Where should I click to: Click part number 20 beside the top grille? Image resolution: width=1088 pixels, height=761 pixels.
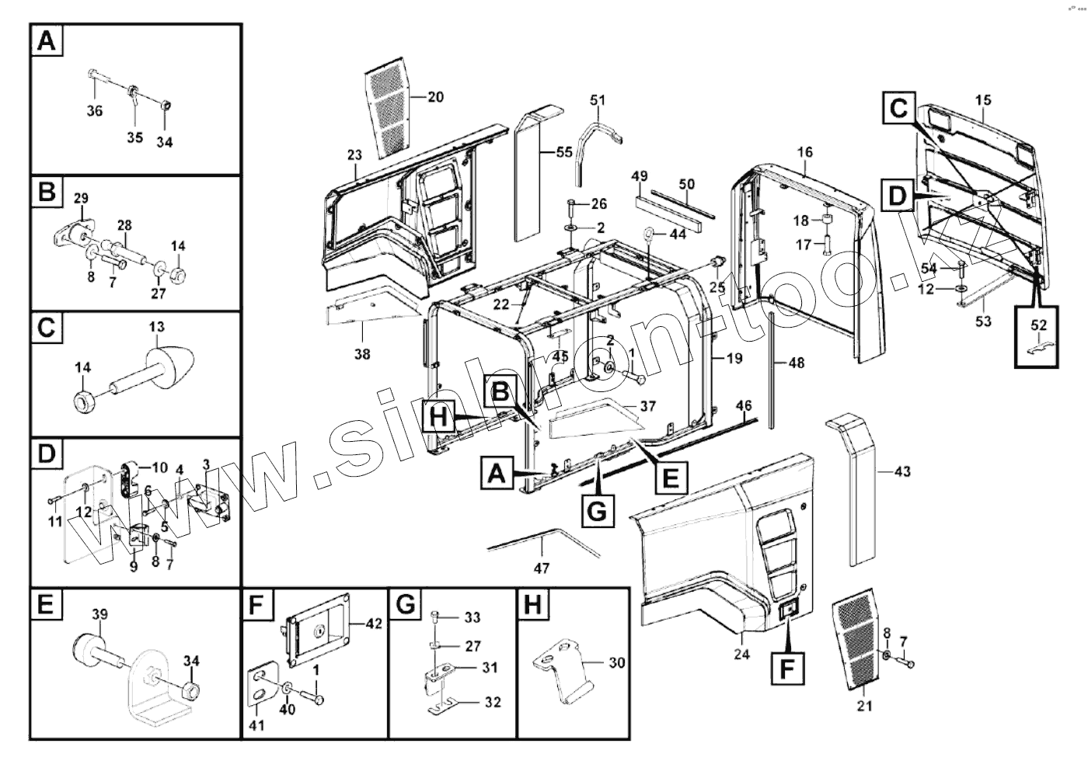pos(435,97)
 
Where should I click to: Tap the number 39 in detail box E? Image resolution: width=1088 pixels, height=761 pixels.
pos(100,614)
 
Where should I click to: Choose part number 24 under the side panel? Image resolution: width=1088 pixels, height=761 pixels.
pos(741,655)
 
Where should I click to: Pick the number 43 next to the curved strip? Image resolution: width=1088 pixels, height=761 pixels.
pos(902,471)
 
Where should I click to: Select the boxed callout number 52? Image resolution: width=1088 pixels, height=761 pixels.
pos(1038,324)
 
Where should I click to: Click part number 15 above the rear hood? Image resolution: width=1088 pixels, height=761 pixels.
pos(983,100)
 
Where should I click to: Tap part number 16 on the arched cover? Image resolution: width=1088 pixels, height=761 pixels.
pos(804,152)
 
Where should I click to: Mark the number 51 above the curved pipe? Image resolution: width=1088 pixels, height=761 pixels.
pos(598,100)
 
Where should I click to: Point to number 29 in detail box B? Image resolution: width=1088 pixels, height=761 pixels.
pos(81,200)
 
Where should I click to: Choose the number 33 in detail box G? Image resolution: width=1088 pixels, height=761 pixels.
pos(472,617)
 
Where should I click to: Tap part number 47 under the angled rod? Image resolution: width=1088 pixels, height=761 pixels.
pos(542,568)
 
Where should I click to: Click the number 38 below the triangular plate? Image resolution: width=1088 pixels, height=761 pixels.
pos(362,355)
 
